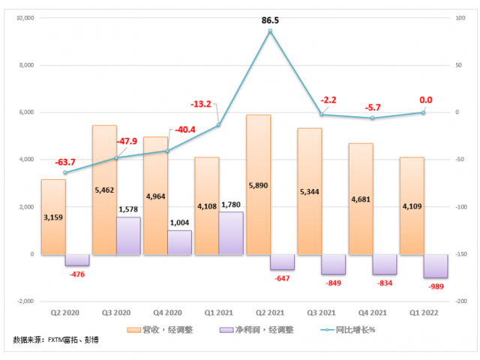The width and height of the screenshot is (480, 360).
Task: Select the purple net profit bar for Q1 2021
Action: point(231,232)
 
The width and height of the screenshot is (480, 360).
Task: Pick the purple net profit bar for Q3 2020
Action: point(128,235)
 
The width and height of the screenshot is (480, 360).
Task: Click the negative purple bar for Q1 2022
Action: point(436,266)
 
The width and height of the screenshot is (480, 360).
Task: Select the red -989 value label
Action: point(436,286)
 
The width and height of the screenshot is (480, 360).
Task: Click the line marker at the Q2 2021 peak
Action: point(270,31)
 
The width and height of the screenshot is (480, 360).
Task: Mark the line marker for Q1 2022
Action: point(423,112)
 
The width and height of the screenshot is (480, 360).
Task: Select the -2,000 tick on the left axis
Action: point(25,301)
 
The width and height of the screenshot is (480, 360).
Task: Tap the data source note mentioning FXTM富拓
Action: point(55,341)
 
